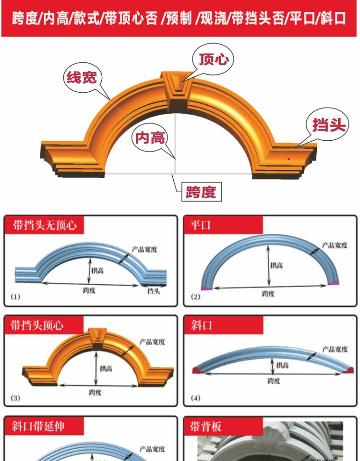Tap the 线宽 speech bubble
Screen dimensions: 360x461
[82, 77]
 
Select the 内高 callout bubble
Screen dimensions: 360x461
[150, 138]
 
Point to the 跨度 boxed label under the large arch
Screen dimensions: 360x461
[201, 193]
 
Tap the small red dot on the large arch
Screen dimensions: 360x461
[288, 158]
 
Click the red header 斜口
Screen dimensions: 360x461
[199, 325]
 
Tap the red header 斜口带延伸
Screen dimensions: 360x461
[38, 425]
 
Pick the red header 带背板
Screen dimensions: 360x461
[205, 426]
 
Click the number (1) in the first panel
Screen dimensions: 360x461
[16, 297]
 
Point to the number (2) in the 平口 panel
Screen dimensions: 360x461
[195, 297]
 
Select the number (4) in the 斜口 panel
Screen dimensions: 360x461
[195, 398]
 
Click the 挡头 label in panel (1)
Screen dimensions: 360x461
[154, 291]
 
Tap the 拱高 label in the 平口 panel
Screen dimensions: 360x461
[277, 265]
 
